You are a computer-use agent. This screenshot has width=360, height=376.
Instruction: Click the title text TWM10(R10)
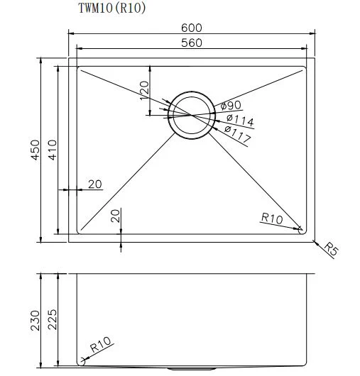pyautogui.click(x=112, y=8)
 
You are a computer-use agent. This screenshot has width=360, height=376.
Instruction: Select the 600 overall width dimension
pyautogui.click(x=192, y=28)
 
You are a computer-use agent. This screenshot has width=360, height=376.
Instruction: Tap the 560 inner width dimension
pyautogui.click(x=192, y=43)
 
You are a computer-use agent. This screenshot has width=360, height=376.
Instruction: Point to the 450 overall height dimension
pyautogui.click(x=35, y=150)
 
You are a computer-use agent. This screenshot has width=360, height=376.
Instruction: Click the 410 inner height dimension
pyautogui.click(x=53, y=150)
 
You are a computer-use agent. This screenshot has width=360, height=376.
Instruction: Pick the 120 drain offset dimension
pyautogui.click(x=144, y=90)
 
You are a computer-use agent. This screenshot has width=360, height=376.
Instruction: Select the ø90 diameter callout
pyautogui.click(x=230, y=105)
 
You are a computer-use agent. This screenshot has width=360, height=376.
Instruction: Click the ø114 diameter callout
pyautogui.click(x=240, y=120)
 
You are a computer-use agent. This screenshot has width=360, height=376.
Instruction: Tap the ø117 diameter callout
pyautogui.click(x=238, y=134)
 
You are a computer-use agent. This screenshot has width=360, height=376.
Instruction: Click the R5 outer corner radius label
pyautogui.click(x=331, y=249)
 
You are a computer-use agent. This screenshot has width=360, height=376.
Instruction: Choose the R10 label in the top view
pyautogui.click(x=272, y=218)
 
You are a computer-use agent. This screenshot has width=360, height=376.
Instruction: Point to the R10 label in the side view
pyautogui.click(x=100, y=344)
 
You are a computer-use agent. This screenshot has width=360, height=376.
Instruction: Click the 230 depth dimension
pyautogui.click(x=35, y=321)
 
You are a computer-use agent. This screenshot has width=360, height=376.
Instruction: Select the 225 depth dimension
pyautogui.click(x=53, y=320)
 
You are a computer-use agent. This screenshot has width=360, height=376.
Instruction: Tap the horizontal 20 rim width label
pyautogui.click(x=95, y=184)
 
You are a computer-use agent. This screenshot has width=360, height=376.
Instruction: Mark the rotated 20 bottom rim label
pyautogui.click(x=116, y=216)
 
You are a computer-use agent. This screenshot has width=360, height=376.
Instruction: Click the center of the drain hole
pyautogui.click(x=192, y=116)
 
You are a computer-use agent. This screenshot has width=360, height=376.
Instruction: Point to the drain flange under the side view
pyautogui.click(x=191, y=368)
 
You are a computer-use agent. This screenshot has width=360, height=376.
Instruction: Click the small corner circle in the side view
pyautogui.click(x=82, y=362)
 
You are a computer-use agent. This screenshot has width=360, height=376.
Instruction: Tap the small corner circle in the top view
pyautogui.click(x=302, y=230)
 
